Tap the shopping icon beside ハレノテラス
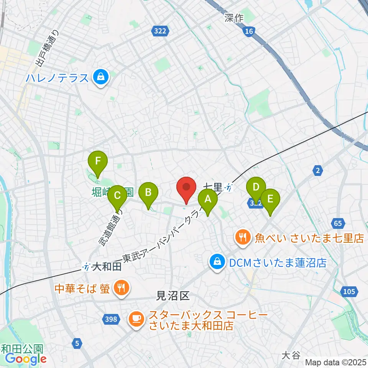(x=100, y=78)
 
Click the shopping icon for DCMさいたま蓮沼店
(x=217, y=263)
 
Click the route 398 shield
(x=110, y=319)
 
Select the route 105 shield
(x=349, y=292)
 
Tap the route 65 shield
(x=337, y=223)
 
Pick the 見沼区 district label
(x=173, y=296)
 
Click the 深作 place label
(x=234, y=18)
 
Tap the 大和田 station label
(x=107, y=266)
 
